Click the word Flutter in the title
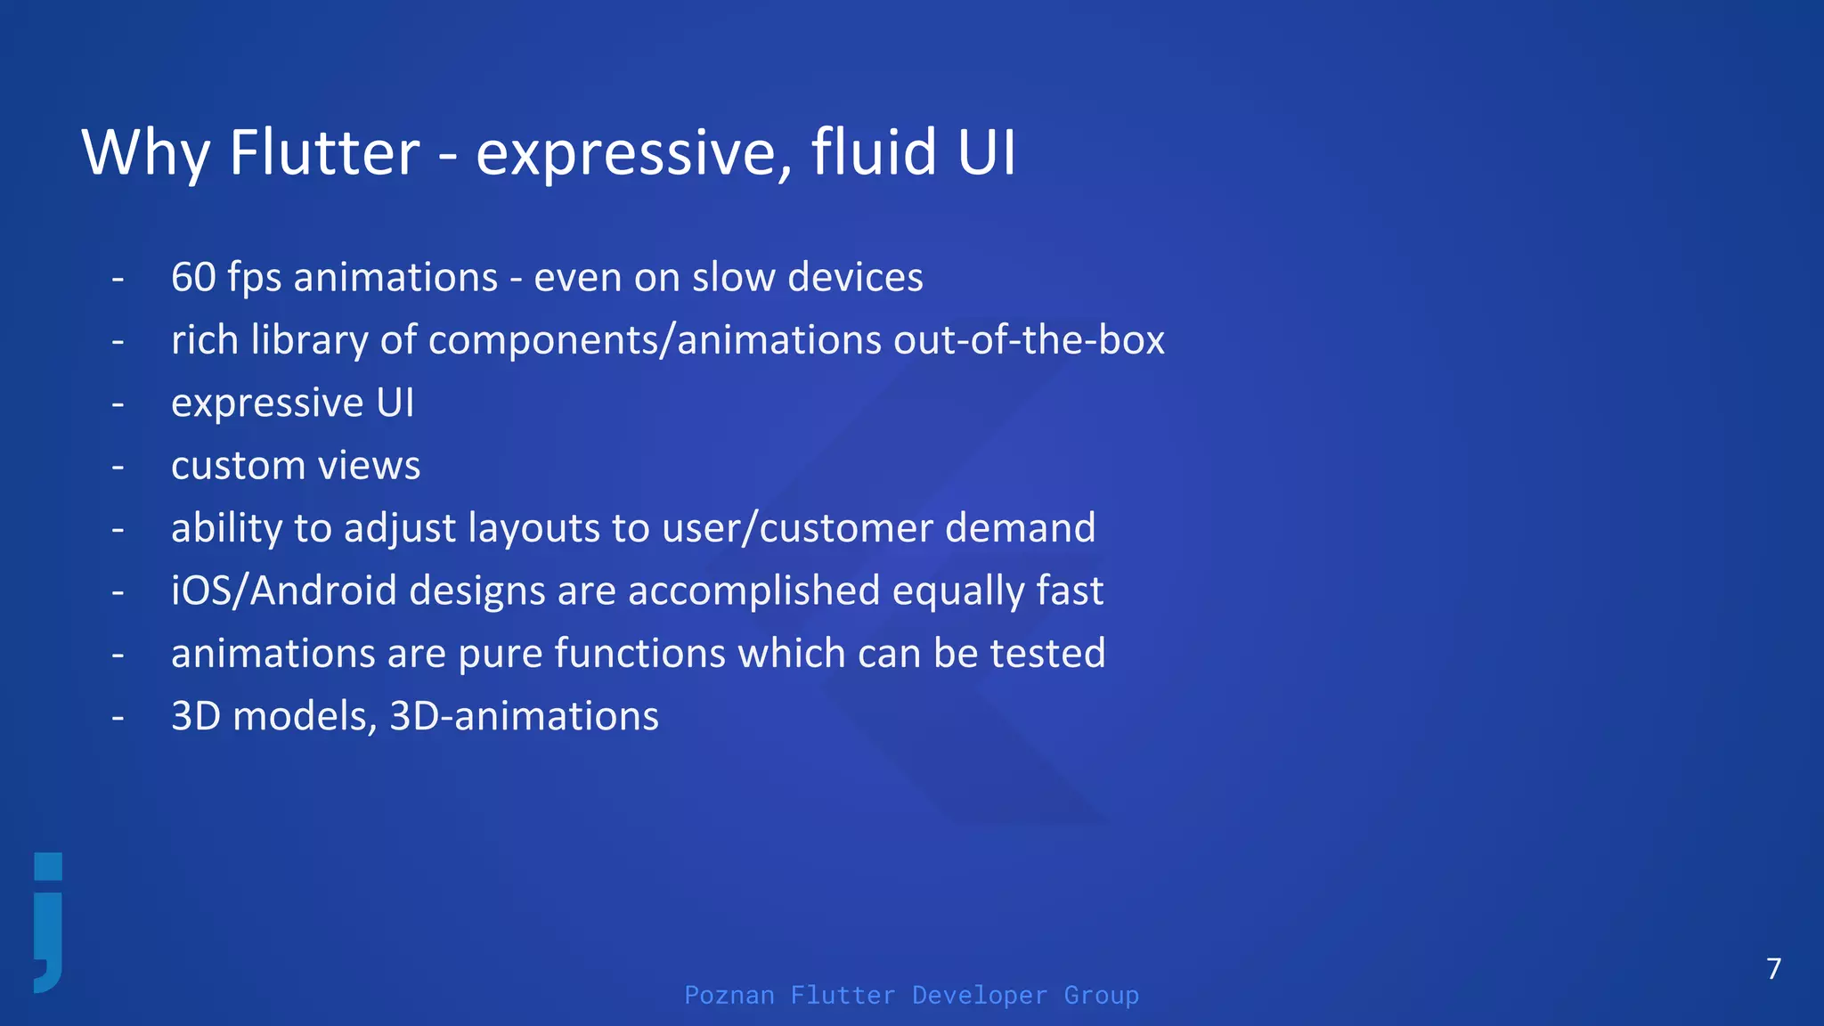(x=324, y=152)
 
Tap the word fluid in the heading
(x=874, y=152)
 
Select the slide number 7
(x=1773, y=968)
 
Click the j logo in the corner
(x=49, y=923)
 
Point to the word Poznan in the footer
(x=729, y=995)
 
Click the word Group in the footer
(x=1101, y=995)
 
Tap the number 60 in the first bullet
(x=193, y=277)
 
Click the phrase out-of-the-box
(x=1029, y=340)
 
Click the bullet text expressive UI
(x=292, y=403)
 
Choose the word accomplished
(x=753, y=590)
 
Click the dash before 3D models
(x=118, y=716)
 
